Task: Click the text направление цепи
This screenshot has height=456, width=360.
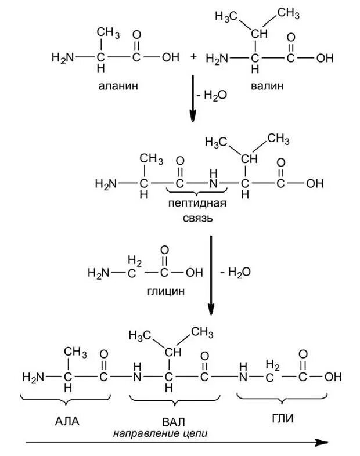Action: (160, 432)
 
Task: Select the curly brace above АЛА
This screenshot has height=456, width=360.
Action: (65, 399)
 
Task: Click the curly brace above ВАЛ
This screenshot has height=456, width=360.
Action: (175, 400)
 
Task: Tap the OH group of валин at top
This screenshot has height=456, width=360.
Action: (325, 58)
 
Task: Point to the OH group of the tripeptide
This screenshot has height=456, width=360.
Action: (333, 377)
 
